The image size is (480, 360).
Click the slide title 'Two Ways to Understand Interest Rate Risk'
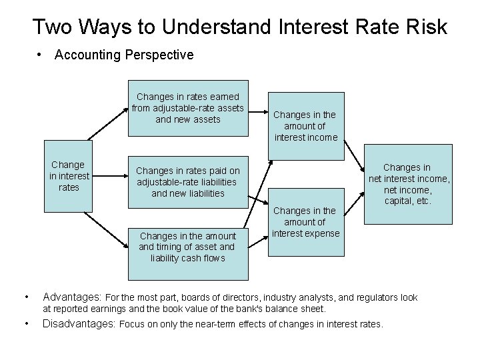[240, 27]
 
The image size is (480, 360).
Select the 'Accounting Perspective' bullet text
[124, 55]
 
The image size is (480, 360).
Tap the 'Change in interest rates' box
[67, 176]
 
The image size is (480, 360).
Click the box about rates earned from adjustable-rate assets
[188, 109]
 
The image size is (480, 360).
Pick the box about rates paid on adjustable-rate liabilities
[188, 182]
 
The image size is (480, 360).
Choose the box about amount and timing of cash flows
[188, 247]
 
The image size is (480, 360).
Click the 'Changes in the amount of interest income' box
[306, 126]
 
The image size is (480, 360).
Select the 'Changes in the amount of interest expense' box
[306, 222]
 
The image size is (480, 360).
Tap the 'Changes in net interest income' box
[410, 184]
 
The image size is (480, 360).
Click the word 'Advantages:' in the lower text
[72, 297]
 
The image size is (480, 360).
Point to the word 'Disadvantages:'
[79, 325]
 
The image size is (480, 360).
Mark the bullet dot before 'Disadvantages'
[25, 325]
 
